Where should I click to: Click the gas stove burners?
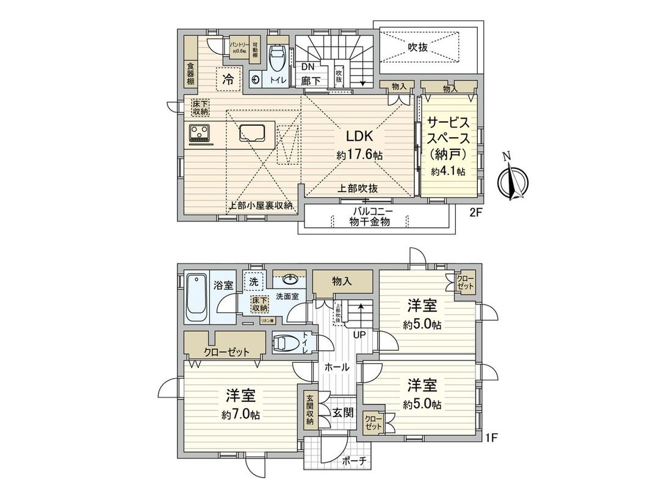[x=200, y=132]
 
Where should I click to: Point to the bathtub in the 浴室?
[x=196, y=298]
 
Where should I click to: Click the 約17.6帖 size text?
[x=359, y=156]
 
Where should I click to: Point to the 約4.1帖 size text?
[x=448, y=172]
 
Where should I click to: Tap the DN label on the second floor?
[x=308, y=66]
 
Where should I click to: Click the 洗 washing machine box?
[x=253, y=281]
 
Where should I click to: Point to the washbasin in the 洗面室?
[x=289, y=281]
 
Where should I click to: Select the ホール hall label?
[x=337, y=367]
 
